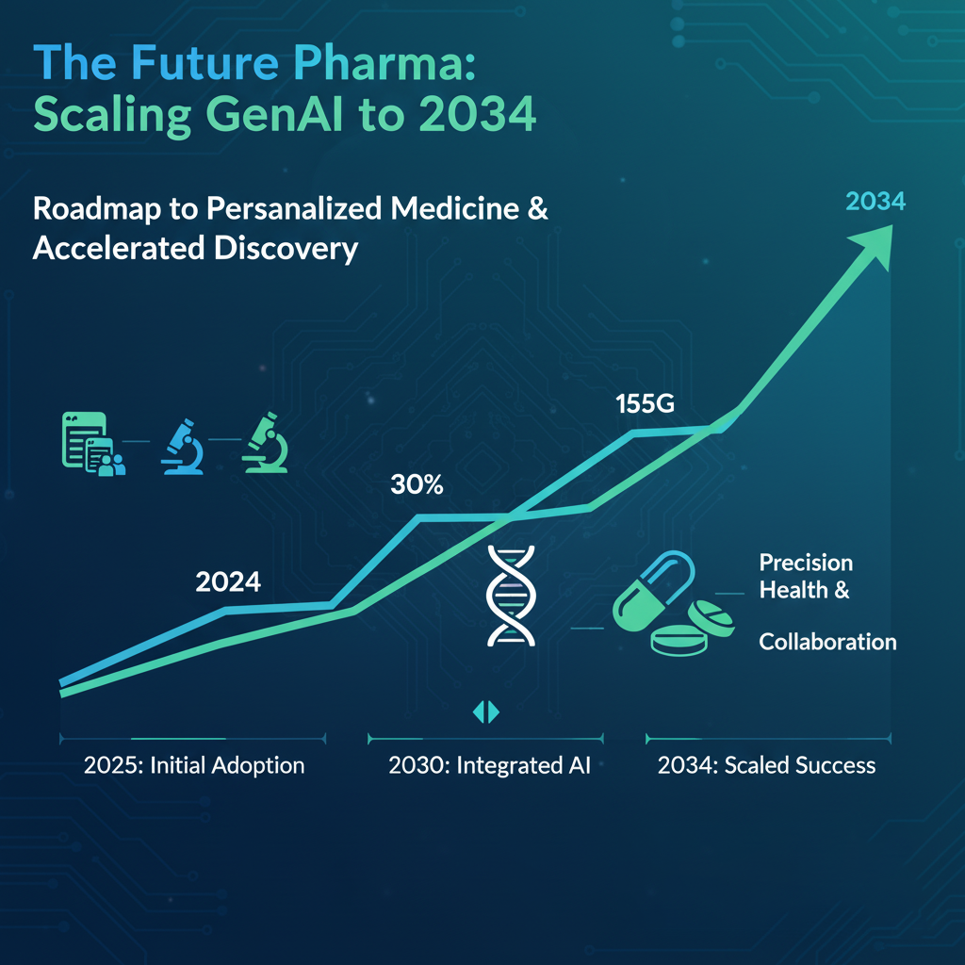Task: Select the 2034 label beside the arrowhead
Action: click(x=875, y=201)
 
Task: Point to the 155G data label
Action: click(x=646, y=404)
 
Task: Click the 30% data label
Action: click(x=417, y=486)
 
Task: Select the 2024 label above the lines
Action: click(x=227, y=581)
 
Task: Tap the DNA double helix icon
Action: click(x=509, y=596)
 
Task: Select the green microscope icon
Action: click(x=265, y=441)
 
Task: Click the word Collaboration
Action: click(x=827, y=642)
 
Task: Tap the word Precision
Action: click(x=806, y=563)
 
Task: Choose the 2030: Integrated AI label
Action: click(x=489, y=764)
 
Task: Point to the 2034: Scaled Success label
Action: click(x=766, y=764)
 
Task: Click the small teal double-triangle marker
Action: click(x=485, y=712)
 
